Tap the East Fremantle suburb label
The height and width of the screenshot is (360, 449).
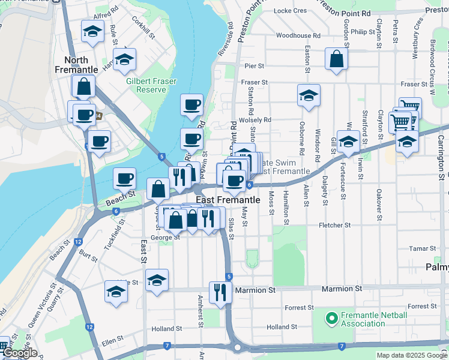(x=228, y=200)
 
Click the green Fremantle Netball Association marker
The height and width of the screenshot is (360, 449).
(x=331, y=318)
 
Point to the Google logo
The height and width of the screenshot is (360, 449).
(x=20, y=353)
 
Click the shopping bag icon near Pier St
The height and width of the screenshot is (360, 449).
(x=336, y=59)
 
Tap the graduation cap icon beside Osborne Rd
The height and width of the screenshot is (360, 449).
(x=309, y=95)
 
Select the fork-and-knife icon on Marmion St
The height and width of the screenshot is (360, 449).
(x=220, y=292)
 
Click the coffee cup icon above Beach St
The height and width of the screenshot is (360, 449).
(x=124, y=178)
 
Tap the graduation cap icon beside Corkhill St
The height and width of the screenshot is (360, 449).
(x=125, y=59)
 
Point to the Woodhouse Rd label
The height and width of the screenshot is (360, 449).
(x=298, y=36)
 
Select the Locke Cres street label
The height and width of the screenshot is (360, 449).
(x=290, y=11)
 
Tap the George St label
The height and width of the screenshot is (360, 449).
(x=165, y=238)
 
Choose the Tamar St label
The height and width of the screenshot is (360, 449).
(x=422, y=248)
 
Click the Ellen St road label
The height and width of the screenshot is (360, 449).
(x=112, y=338)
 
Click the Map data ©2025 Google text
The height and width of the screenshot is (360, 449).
(x=411, y=355)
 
